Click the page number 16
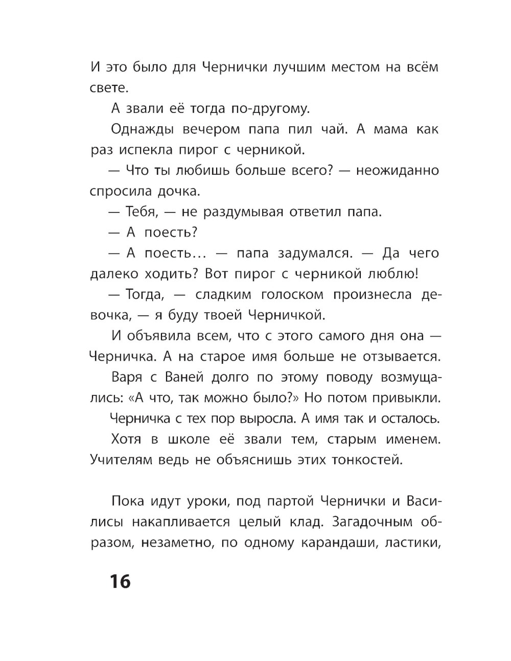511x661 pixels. (x=120, y=581)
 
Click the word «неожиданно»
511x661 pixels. (x=397, y=171)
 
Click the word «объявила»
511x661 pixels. (x=164, y=336)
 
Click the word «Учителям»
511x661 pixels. (x=122, y=460)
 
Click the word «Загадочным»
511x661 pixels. (x=372, y=522)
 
